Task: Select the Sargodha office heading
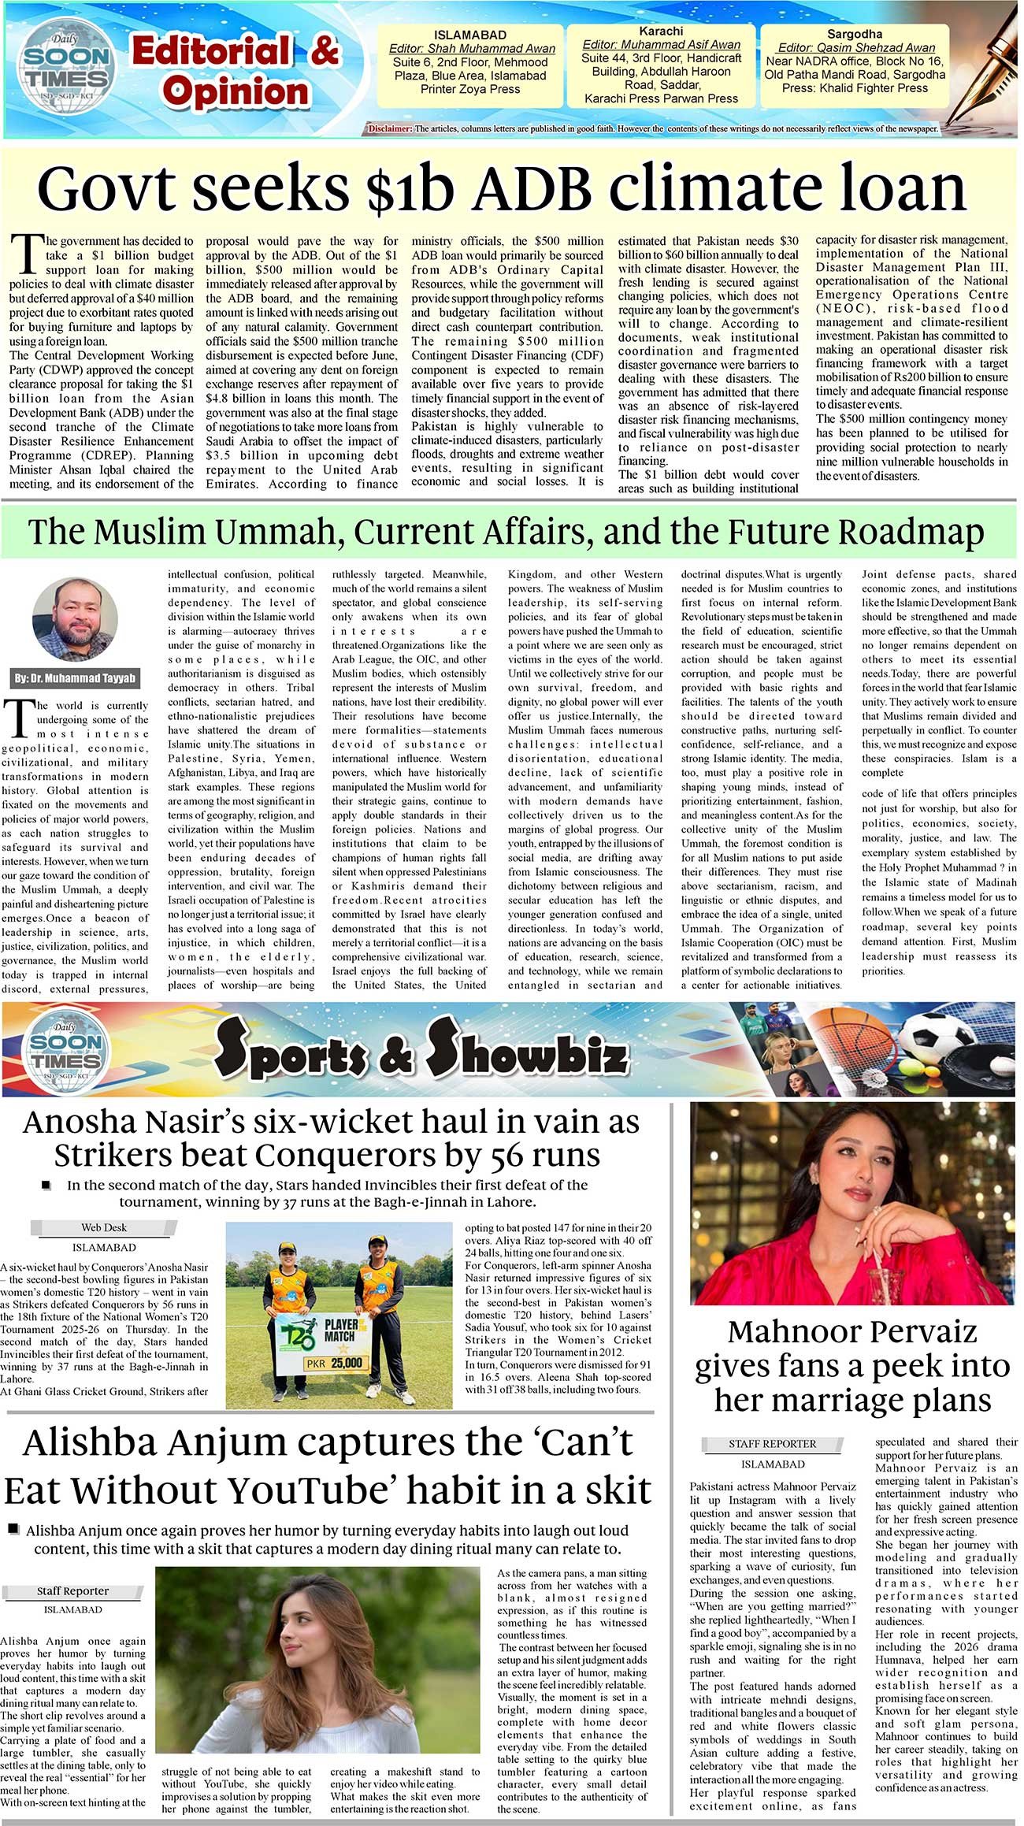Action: (854, 34)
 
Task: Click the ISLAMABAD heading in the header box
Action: (469, 35)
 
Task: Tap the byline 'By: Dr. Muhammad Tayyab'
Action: (75, 678)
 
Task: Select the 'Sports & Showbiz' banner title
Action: (421, 1049)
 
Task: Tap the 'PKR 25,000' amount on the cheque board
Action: (336, 1364)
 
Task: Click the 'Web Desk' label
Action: (103, 1227)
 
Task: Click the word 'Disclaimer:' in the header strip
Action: (389, 128)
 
